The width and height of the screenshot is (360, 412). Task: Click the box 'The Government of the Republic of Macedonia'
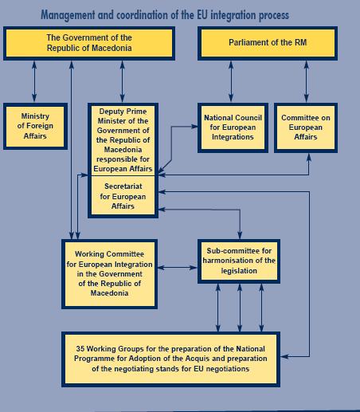click(89, 43)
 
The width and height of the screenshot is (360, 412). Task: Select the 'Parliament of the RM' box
click(268, 43)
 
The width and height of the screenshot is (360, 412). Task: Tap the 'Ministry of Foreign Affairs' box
click(35, 126)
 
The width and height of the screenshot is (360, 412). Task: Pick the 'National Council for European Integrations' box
click(233, 128)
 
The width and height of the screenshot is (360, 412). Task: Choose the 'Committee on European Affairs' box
click(306, 128)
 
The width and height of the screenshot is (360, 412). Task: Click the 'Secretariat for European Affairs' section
click(123, 196)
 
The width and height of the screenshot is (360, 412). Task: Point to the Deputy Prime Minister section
click(123, 140)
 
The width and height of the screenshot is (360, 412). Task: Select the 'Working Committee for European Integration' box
click(109, 274)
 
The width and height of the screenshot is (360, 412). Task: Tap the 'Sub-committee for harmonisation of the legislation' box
click(239, 261)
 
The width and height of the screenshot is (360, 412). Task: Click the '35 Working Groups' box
click(170, 359)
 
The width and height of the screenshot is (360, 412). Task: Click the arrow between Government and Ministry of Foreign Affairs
click(34, 81)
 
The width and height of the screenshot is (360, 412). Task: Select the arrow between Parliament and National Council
click(231, 81)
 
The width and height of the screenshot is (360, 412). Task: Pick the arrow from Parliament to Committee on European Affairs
click(307, 81)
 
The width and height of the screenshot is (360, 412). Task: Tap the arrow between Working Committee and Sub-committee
click(178, 268)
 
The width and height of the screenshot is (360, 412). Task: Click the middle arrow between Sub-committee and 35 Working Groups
click(240, 308)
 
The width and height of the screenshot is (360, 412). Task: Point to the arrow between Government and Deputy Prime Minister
click(122, 81)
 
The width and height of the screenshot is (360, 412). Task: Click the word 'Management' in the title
click(68, 15)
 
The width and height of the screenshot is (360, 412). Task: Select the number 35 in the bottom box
click(80, 348)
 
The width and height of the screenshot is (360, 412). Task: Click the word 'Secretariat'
click(123, 186)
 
